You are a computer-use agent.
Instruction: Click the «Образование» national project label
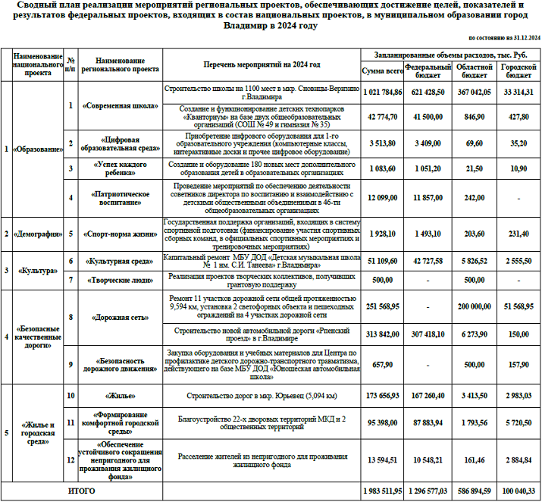click(x=38, y=149)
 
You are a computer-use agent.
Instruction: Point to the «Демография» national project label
click(x=38, y=234)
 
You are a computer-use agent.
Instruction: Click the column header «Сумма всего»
click(x=382, y=71)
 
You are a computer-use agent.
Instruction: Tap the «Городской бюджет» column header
click(x=519, y=71)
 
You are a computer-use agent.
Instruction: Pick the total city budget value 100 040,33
click(x=519, y=491)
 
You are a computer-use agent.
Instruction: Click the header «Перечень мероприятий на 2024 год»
click(x=262, y=65)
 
